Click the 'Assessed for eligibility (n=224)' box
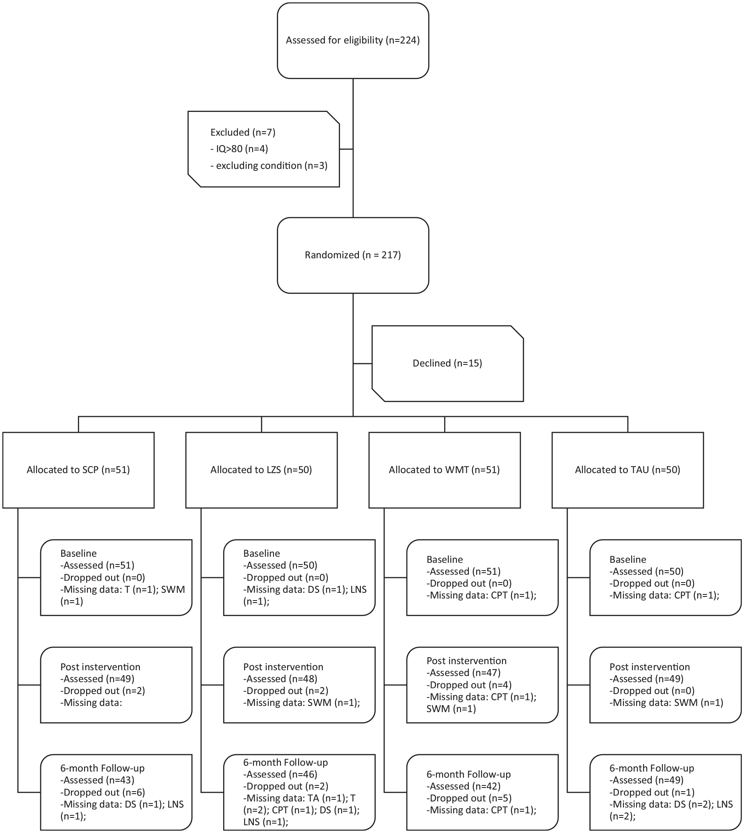[353, 41]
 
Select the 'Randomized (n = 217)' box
[353, 255]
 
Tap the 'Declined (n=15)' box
[447, 363]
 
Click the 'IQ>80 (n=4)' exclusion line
[239, 149]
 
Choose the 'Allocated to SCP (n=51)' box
[78, 470]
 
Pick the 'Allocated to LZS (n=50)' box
[261, 470]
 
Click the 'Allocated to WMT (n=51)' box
[445, 470]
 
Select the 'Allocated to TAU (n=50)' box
[628, 470]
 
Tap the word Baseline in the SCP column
[78, 553]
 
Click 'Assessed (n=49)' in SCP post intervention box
[97, 679]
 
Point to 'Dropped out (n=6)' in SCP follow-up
[103, 792]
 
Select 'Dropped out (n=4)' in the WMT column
[469, 685]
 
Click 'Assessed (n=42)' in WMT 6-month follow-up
[463, 786]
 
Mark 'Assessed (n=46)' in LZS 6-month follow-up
[280, 774]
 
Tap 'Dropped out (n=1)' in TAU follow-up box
[652, 792]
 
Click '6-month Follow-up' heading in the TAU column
[652, 768]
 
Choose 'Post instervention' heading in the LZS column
[283, 667]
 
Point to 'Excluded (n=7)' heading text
[243, 132]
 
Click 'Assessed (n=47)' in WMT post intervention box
[463, 673]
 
